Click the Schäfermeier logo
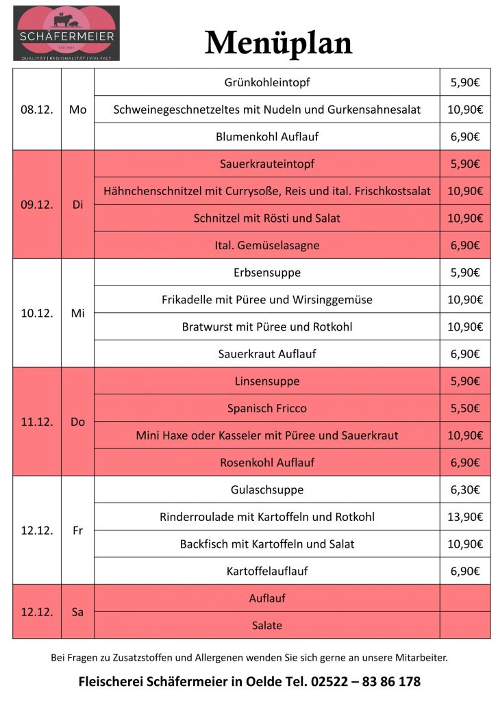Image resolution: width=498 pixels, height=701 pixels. coord(66,33)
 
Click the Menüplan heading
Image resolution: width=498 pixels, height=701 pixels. coord(279,43)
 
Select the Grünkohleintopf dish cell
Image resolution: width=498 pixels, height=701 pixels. coord(267,82)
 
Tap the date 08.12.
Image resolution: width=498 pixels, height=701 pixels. coord(37,110)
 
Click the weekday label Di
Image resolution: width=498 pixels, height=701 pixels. coord(77,205)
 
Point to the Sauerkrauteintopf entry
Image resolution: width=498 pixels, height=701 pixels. coord(267,164)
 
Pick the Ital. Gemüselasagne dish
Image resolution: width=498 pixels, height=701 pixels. coord(267,245)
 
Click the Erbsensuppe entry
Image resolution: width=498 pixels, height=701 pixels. coord(267,272)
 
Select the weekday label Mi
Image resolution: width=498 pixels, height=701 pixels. coord(77,313)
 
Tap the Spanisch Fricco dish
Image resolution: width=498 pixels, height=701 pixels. coord(267,408)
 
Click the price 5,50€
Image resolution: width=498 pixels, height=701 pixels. coord(465,408)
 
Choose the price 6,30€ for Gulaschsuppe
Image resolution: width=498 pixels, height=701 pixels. coord(465,489)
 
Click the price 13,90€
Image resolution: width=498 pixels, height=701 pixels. coord(465,517)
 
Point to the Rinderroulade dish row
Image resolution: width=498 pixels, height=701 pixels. coord(267,517)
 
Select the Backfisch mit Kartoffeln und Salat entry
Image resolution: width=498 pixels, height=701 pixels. coord(267,544)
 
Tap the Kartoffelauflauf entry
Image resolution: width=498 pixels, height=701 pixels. coord(267,571)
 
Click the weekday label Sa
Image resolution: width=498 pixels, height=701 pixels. coord(77,612)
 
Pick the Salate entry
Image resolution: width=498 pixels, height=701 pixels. coord(267,625)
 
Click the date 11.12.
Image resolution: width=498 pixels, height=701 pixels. coord(37,422)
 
